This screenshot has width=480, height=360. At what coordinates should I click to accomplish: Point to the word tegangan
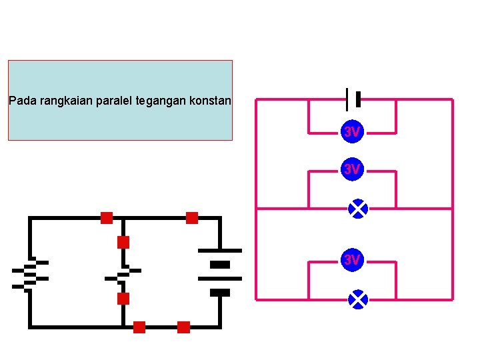pyautogui.click(x=160, y=102)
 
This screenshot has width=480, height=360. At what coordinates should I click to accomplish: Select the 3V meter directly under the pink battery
pyautogui.click(x=352, y=133)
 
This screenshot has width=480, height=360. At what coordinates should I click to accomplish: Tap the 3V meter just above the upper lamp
pyautogui.click(x=352, y=170)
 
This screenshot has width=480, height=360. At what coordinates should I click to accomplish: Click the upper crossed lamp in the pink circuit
pyautogui.click(x=358, y=209)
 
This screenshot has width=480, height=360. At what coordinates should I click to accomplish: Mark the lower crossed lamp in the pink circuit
pyautogui.click(x=358, y=300)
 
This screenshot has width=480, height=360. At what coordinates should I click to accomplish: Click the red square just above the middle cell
pyautogui.click(x=123, y=242)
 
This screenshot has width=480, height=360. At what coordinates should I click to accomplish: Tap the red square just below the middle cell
pyautogui.click(x=123, y=298)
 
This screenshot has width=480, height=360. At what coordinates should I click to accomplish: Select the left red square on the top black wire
pyautogui.click(x=107, y=217)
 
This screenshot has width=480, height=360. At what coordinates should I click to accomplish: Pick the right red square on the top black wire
pyautogui.click(x=192, y=217)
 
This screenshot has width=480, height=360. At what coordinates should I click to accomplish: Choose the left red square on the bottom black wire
pyautogui.click(x=139, y=327)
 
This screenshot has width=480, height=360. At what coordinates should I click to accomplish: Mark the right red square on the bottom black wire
pyautogui.click(x=183, y=327)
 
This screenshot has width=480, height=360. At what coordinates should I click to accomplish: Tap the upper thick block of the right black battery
pyautogui.click(x=219, y=265)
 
